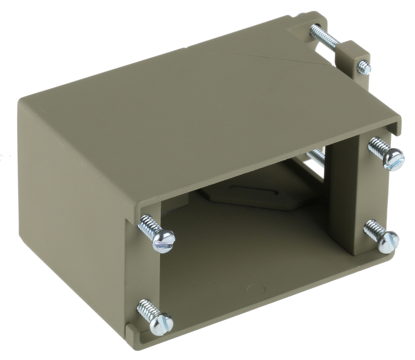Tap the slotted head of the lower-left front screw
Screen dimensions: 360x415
161,323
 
